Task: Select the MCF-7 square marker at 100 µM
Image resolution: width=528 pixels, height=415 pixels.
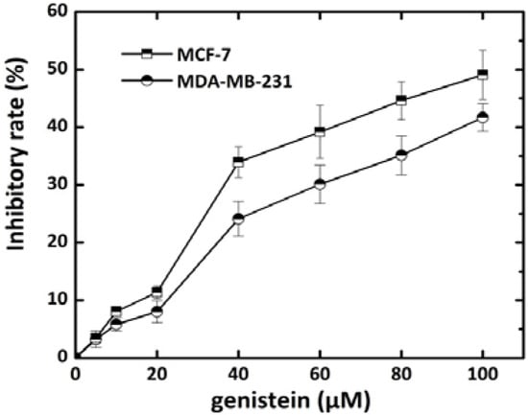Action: pos(482,74)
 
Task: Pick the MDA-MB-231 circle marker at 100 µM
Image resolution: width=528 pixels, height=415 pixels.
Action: pos(482,117)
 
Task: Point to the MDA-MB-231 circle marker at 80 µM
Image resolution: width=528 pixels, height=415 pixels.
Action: pos(401,154)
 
